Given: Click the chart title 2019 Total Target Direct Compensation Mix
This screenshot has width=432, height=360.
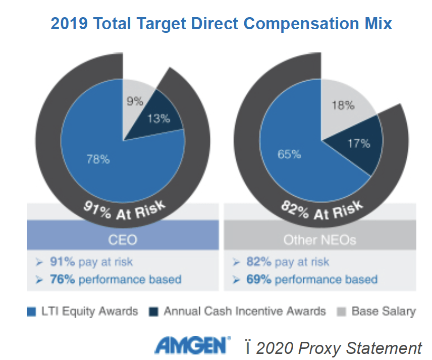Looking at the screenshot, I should coord(221,24).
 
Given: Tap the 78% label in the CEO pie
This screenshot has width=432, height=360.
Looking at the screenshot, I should coord(97,159).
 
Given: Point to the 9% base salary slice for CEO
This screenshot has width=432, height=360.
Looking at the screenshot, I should coord(135,101).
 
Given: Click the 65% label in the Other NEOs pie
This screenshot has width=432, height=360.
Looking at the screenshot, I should coord(290,154).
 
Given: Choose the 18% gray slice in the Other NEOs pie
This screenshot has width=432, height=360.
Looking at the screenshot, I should coord(343,105).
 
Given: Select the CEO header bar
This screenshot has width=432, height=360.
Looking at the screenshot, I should coord(123,238).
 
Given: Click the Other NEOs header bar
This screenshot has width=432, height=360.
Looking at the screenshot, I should coord(320,238).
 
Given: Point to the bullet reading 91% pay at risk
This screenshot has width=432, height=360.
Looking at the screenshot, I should coord(91,262).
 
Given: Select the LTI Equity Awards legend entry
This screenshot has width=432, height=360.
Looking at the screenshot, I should coord(82,311).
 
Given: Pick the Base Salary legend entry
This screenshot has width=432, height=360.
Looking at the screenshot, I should coord(376,311).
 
